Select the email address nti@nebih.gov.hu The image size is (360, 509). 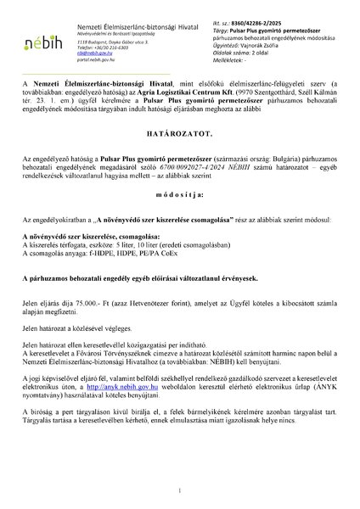point(92,51)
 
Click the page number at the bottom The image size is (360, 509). point(180,491)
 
